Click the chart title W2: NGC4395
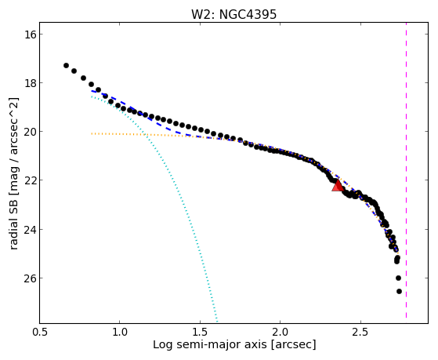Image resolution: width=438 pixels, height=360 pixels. tap(233, 14)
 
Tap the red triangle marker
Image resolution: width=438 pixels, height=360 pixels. tap(338, 185)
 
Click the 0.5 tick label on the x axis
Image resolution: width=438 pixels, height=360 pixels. tap(40, 332)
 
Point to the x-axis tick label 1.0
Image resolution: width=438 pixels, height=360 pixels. tap(120, 332)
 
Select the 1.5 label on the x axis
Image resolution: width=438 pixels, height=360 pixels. tap(201, 332)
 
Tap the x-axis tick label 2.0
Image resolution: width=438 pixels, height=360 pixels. tap(281, 332)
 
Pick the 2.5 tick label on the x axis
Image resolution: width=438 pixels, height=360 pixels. tap(361, 332)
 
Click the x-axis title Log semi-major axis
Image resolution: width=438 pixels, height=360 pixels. tap(210, 345)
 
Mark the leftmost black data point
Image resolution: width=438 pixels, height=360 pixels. tap(66, 65)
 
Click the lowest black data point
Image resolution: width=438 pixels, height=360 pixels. tap(399, 292)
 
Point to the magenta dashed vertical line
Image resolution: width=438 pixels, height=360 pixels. tap(406, 170)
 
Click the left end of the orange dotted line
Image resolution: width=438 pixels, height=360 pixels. tap(92, 133)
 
